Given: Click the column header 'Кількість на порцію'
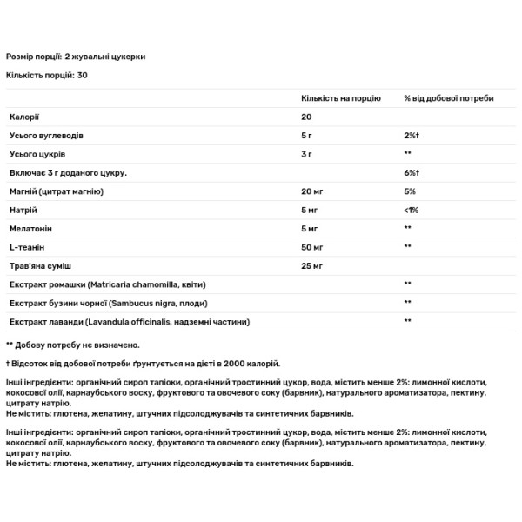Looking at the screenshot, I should tap(340, 98).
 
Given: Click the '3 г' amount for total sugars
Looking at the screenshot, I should tap(307, 153).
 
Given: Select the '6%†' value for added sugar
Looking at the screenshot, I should tap(412, 172).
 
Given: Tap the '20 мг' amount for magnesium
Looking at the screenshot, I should tap(312, 191).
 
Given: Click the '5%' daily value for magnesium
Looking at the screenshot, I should tap(410, 191).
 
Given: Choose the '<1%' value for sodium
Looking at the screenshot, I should tap(411, 210).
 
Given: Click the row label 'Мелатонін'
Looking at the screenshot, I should tap(29, 229).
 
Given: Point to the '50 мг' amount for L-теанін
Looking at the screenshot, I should tap(312, 247).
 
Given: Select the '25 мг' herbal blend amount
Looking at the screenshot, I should tap(312, 265).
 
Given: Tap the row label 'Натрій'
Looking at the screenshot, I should tap(22, 210).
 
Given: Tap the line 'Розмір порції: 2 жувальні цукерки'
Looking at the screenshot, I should tap(76, 56).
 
